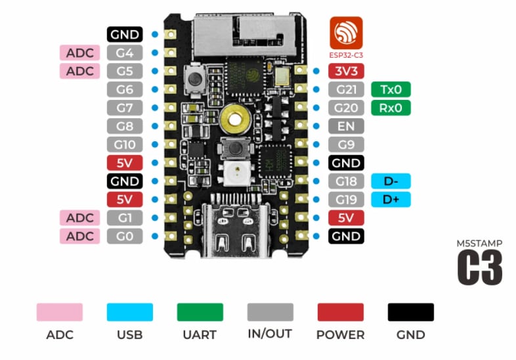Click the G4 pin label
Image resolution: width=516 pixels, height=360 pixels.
click(x=125, y=53)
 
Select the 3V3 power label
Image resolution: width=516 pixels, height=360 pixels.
click(x=346, y=71)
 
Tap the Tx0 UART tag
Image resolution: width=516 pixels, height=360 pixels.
click(x=391, y=89)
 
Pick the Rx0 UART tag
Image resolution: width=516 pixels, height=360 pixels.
click(x=391, y=108)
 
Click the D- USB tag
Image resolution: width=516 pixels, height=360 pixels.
click(x=391, y=181)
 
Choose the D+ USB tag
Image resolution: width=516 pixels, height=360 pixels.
click(x=391, y=200)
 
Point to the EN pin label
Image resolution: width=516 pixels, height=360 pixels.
click(x=346, y=126)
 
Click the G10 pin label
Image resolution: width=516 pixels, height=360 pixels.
click(x=125, y=145)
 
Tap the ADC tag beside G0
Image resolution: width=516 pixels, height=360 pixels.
click(x=80, y=236)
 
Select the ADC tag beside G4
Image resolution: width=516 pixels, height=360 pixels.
click(x=80, y=53)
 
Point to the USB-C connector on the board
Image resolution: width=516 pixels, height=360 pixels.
click(x=233, y=230)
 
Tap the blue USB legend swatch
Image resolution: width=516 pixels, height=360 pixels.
click(x=129, y=311)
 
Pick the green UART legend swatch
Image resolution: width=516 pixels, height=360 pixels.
click(x=200, y=311)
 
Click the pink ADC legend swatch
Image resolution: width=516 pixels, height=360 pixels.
click(x=60, y=311)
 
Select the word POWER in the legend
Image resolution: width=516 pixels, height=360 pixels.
click(x=340, y=334)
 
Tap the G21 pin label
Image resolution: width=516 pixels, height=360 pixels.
click(x=346, y=89)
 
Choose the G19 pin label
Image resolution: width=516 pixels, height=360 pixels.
click(x=346, y=200)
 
